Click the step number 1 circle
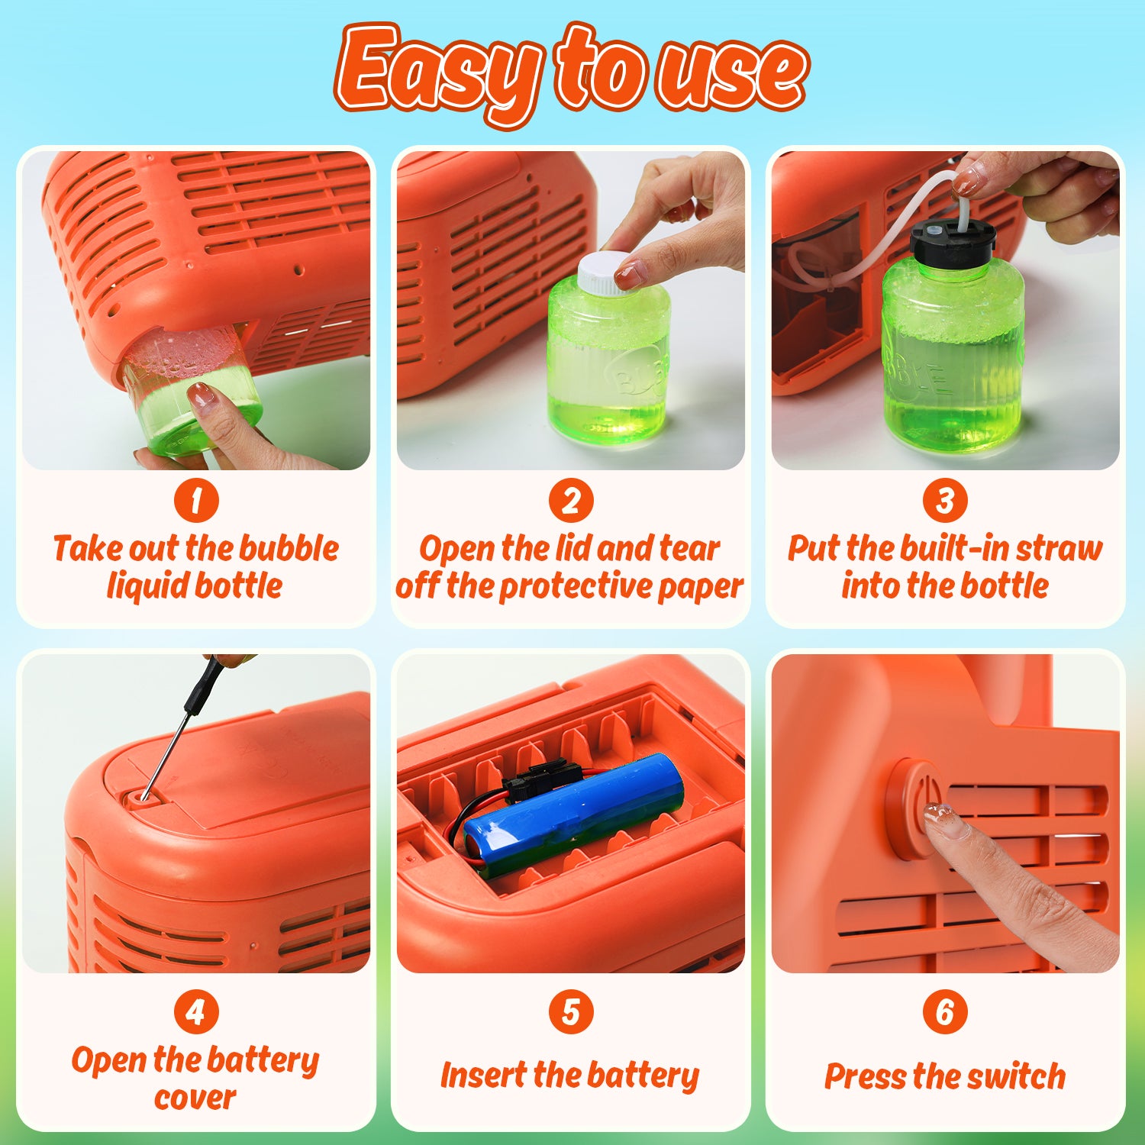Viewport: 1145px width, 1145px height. pos(196,501)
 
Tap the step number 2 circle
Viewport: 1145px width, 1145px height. pos(571,501)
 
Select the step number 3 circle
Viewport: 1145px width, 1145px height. pos(945,501)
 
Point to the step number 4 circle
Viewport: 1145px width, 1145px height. pos(196,1012)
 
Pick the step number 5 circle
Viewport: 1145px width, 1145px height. pos(571,1012)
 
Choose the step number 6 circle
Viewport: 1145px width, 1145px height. pos(945,1012)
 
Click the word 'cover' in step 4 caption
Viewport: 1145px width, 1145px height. pos(195,1098)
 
